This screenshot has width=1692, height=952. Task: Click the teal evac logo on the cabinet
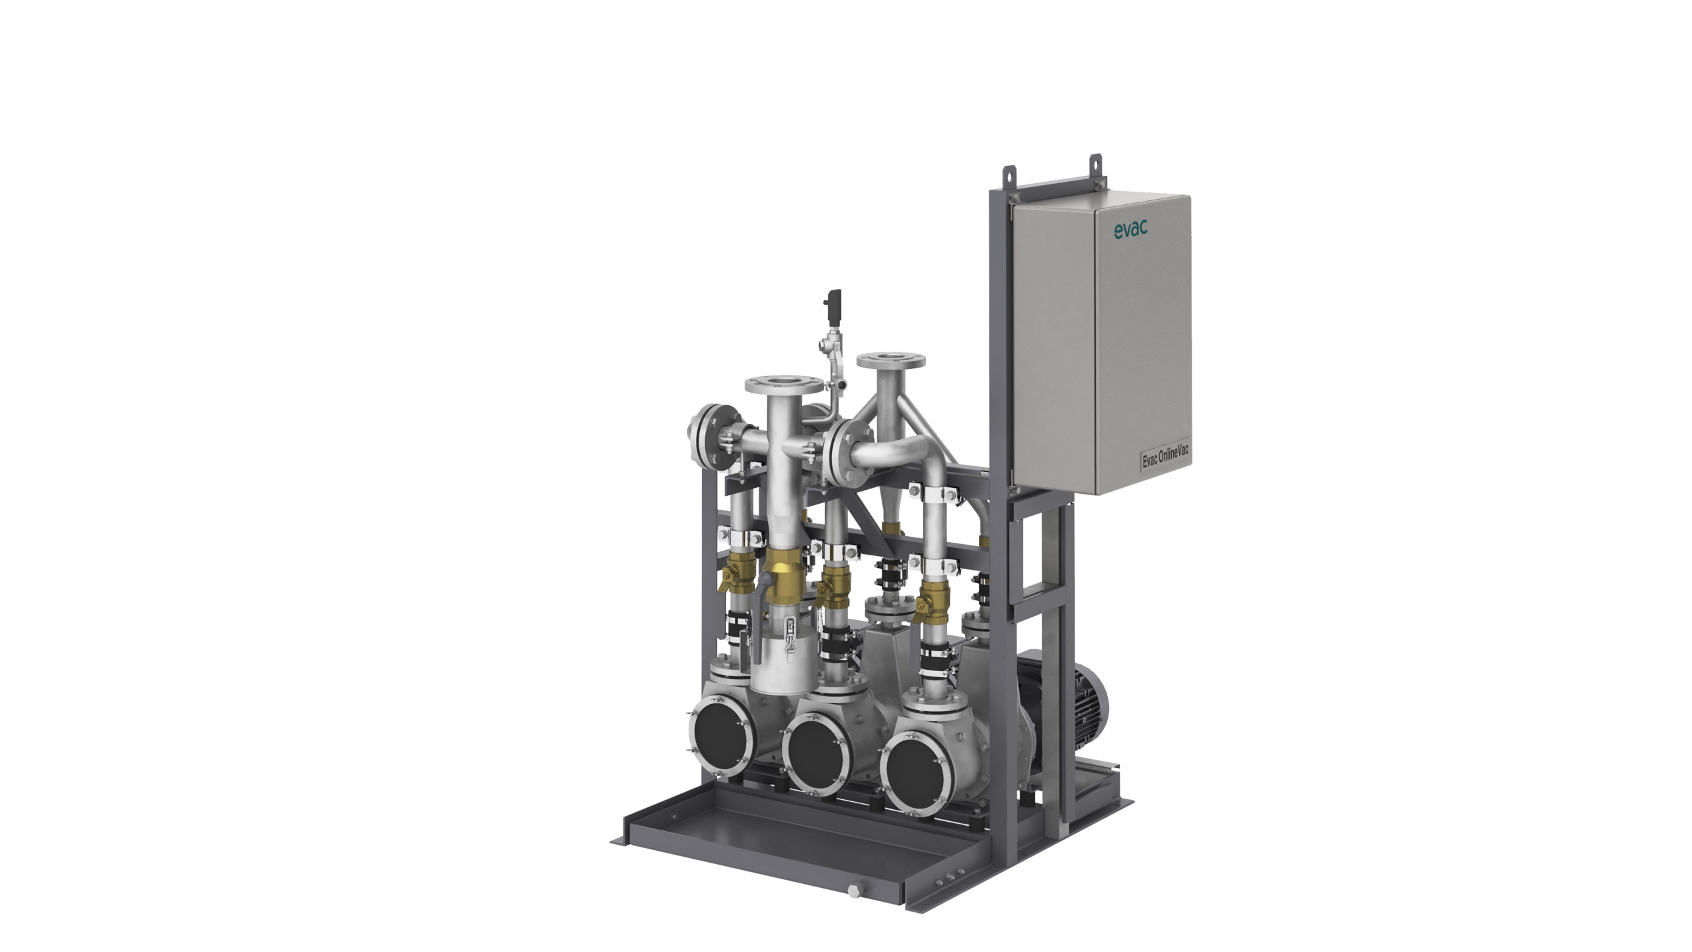[x=1131, y=229]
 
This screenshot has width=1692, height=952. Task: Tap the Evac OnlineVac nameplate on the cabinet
[x=1166, y=457]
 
